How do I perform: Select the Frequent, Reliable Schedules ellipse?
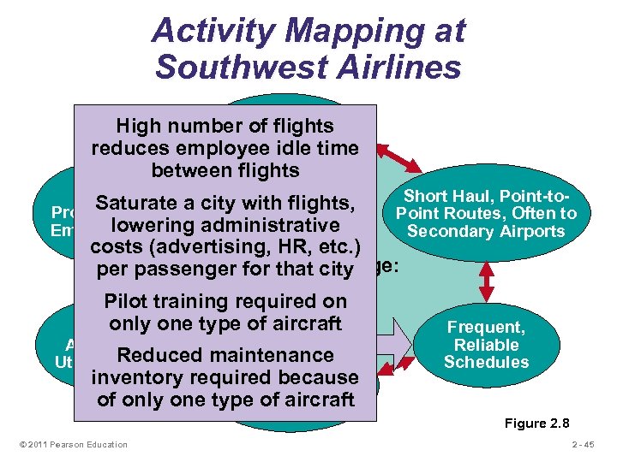[x=487, y=345]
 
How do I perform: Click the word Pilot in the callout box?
[x=127, y=301]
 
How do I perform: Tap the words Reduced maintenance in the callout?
[x=225, y=355]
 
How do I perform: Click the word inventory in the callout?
[x=141, y=377]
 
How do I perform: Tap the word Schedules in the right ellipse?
[x=487, y=362]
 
